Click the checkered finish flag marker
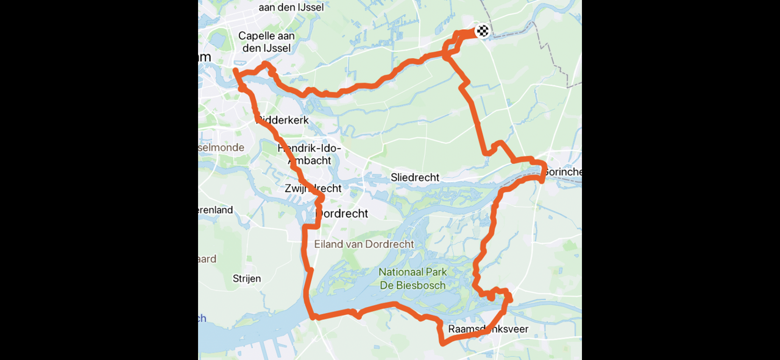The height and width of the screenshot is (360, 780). pos(483,30)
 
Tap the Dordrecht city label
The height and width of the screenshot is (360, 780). pos(342,214)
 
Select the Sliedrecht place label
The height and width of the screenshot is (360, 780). pos(415,177)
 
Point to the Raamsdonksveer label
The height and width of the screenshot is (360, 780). pos(488,330)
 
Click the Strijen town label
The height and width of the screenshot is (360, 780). pos(247,278)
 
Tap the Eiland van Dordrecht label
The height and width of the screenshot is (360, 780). pos(364,244)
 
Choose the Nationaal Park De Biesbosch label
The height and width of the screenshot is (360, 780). pos(413,278)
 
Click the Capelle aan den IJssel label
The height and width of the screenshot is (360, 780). pos(266,42)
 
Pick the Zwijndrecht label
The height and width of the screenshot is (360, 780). pos(313,189)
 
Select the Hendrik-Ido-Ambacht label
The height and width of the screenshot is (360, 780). pos(309,154)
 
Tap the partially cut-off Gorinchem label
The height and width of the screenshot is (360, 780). pos(562,172)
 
